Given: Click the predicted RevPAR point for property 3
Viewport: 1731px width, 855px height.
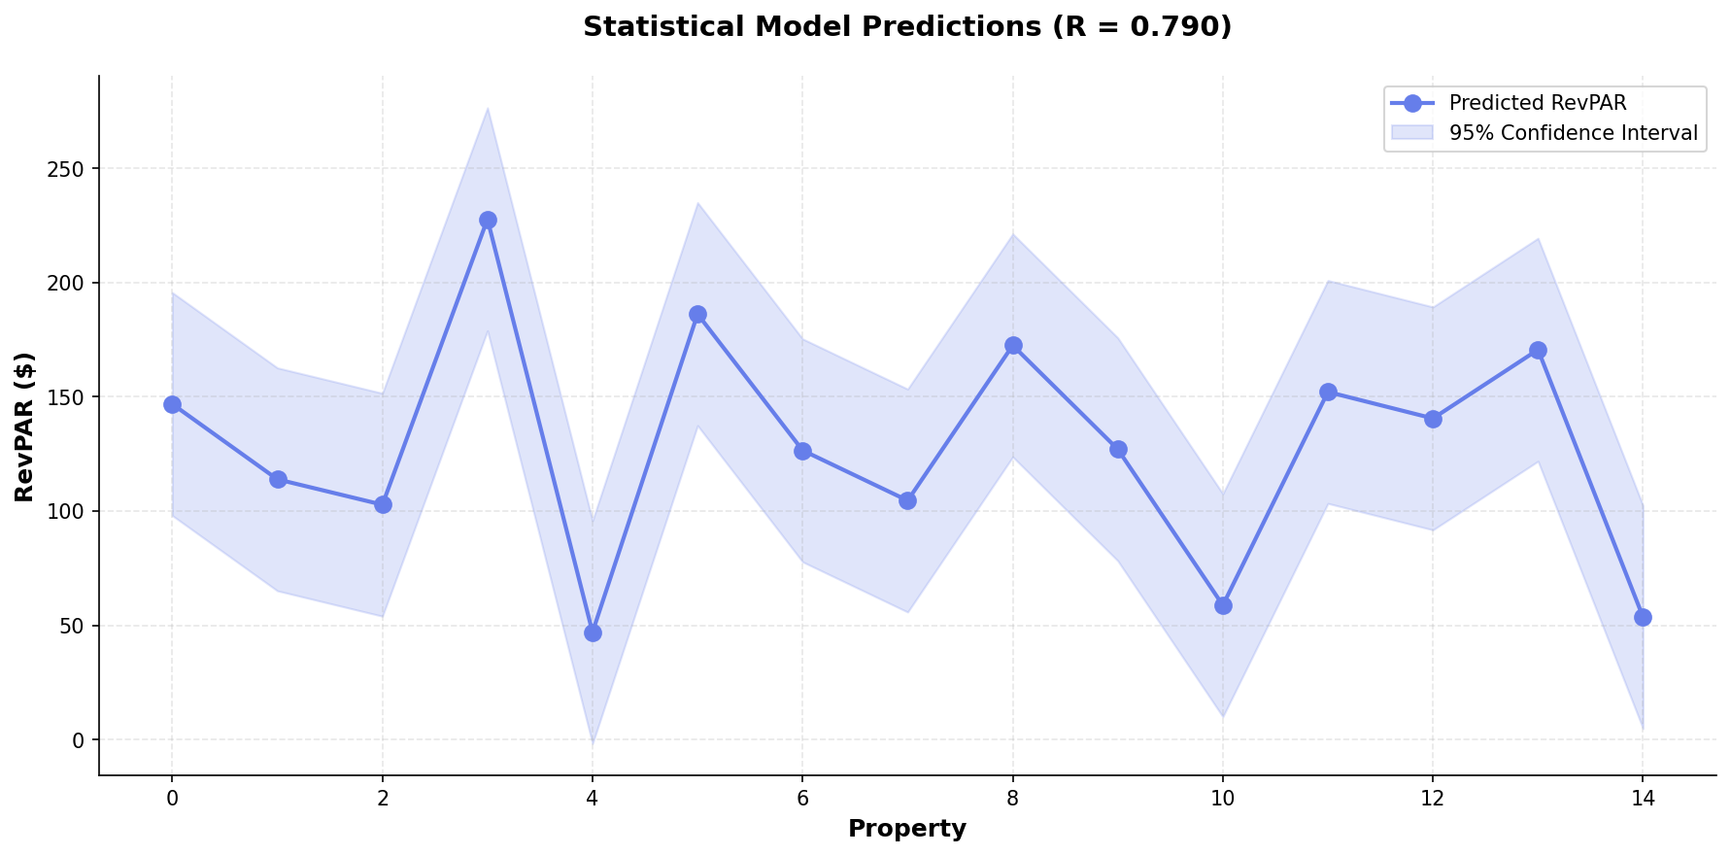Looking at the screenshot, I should tap(488, 220).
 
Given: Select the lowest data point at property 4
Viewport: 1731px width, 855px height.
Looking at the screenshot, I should tap(593, 633).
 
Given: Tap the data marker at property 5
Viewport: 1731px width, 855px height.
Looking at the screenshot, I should tap(697, 314).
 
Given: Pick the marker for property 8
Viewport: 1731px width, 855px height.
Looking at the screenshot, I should tap(1013, 345).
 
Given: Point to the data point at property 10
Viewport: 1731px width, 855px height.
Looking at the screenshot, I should tap(1223, 605).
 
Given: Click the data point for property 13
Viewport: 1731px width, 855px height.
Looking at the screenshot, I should tap(1538, 350).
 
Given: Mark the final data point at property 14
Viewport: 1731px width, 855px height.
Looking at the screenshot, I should tap(1643, 617).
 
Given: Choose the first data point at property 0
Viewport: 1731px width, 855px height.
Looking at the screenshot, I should tap(172, 404).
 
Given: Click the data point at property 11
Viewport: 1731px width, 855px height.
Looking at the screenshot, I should tap(1328, 392).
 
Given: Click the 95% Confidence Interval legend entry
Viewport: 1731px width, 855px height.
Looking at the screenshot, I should tap(1573, 133).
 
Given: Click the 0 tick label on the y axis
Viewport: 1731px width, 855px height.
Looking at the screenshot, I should tap(80, 740).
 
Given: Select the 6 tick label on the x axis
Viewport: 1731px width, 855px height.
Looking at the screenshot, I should tap(802, 799).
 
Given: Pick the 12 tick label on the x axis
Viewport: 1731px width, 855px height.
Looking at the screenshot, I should tap(1433, 799).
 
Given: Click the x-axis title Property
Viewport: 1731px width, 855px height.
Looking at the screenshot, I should tap(906, 829).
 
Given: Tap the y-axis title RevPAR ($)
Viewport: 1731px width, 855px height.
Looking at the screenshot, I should tap(25, 427).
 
